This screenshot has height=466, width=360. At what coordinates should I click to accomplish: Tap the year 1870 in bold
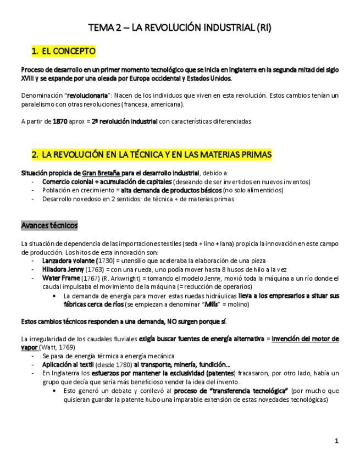click(x=60, y=121)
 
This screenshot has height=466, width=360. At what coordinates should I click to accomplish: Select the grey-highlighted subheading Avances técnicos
click(x=49, y=225)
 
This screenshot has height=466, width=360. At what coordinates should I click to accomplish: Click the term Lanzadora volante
click(x=69, y=260)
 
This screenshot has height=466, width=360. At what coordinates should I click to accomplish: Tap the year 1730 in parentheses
click(x=107, y=260)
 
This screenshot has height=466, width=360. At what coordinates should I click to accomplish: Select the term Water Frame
click(x=60, y=278)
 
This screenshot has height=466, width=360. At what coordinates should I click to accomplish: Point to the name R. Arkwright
click(x=115, y=278)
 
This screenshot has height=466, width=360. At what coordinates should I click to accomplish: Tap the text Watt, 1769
click(x=57, y=347)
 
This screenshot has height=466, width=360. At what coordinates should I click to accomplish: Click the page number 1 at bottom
click(x=337, y=441)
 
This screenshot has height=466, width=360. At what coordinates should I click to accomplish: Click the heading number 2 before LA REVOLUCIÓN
click(x=35, y=155)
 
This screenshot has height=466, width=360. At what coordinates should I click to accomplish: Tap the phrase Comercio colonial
click(x=67, y=182)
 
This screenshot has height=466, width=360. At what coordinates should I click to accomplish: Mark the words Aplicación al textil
click(x=68, y=364)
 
